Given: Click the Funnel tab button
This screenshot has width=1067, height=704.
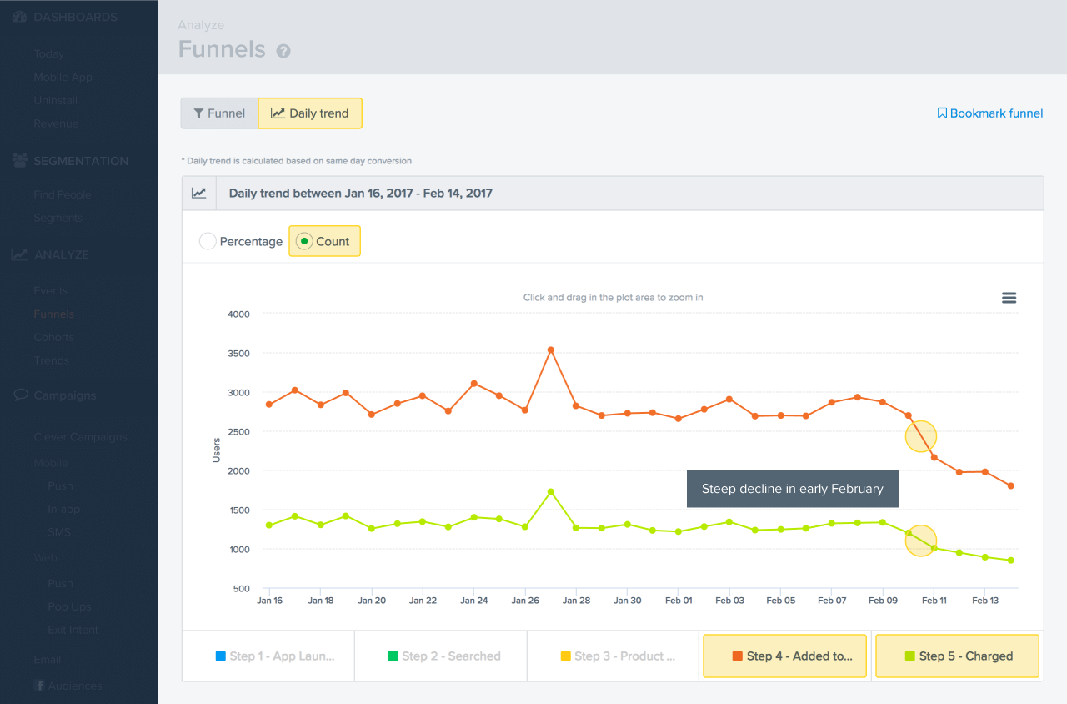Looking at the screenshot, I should click(x=219, y=113).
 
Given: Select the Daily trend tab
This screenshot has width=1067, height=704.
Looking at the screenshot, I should click(x=310, y=113).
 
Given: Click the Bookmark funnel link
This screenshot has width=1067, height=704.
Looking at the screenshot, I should click(x=989, y=113).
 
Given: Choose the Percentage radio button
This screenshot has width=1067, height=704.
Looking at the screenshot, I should click(x=208, y=241).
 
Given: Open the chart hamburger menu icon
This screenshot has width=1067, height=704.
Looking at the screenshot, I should click(x=1009, y=298).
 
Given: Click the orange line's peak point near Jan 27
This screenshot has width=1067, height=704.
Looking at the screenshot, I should click(x=551, y=349).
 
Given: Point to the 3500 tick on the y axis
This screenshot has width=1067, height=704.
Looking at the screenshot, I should click(x=238, y=353).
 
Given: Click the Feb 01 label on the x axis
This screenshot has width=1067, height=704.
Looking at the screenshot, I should click(x=679, y=601).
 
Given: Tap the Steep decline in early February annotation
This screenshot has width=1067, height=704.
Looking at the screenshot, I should click(x=792, y=489).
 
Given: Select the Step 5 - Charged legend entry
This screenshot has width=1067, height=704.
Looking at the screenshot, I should click(x=957, y=656).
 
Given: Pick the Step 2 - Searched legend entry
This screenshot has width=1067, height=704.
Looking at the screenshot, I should click(x=443, y=656).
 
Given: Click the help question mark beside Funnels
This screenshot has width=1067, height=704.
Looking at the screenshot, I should click(x=283, y=51).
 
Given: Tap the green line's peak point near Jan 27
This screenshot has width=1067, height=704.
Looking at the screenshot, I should click(x=551, y=491).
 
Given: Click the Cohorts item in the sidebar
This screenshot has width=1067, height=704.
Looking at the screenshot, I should click(x=53, y=337).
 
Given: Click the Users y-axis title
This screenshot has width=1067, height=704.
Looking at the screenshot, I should click(x=217, y=450).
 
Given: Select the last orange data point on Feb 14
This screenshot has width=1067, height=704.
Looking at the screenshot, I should click(x=1011, y=485).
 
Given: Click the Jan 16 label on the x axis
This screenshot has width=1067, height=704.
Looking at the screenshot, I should click(x=269, y=601).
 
